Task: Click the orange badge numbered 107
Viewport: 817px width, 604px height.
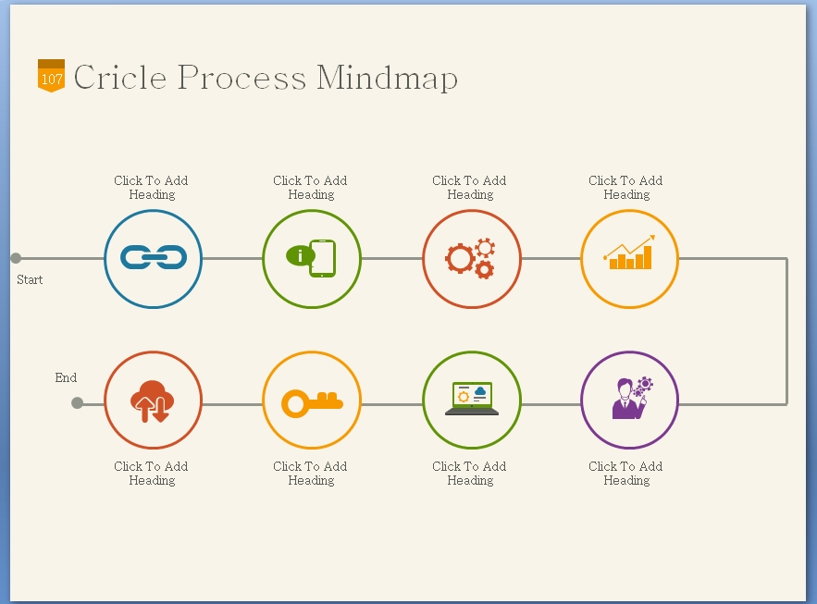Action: (51, 76)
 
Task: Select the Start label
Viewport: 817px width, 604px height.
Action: (30, 279)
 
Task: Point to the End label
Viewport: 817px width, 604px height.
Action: (66, 377)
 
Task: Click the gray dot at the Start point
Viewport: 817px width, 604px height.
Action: (16, 258)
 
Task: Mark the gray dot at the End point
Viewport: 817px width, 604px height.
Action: (78, 402)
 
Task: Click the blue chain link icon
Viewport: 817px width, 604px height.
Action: (154, 258)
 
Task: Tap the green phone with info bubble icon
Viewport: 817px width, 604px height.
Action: (312, 258)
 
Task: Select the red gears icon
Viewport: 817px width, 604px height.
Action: (471, 258)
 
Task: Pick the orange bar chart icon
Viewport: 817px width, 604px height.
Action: (629, 253)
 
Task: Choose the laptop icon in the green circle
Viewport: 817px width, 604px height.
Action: (472, 399)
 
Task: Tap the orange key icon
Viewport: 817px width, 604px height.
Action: (312, 402)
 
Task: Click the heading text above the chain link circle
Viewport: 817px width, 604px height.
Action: (151, 188)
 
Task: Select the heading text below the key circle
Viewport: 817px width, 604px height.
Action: (310, 474)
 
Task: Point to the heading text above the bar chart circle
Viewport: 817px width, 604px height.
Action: (625, 188)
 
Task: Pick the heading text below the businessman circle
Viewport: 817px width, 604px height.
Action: (625, 474)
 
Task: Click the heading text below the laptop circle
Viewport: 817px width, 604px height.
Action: (469, 474)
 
